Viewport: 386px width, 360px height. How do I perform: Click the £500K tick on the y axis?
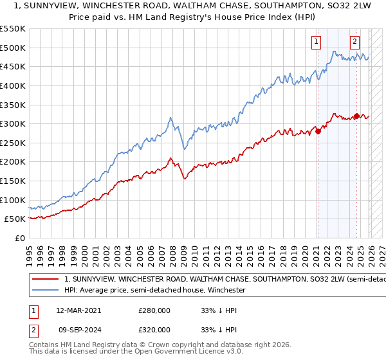[x=13, y=48]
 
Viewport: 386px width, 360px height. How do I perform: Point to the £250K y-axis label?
[x=13, y=143]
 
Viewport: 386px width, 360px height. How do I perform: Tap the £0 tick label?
[x=19, y=238]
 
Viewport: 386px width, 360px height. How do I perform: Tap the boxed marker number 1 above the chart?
[x=317, y=42]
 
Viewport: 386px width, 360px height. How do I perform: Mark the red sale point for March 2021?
[x=317, y=131]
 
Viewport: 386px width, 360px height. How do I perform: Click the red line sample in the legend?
[x=46, y=280]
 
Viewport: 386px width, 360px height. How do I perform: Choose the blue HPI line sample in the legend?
[x=46, y=291]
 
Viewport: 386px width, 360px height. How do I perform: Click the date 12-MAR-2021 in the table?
[x=78, y=310]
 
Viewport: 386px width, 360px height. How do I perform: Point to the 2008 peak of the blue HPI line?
[x=170, y=118]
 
